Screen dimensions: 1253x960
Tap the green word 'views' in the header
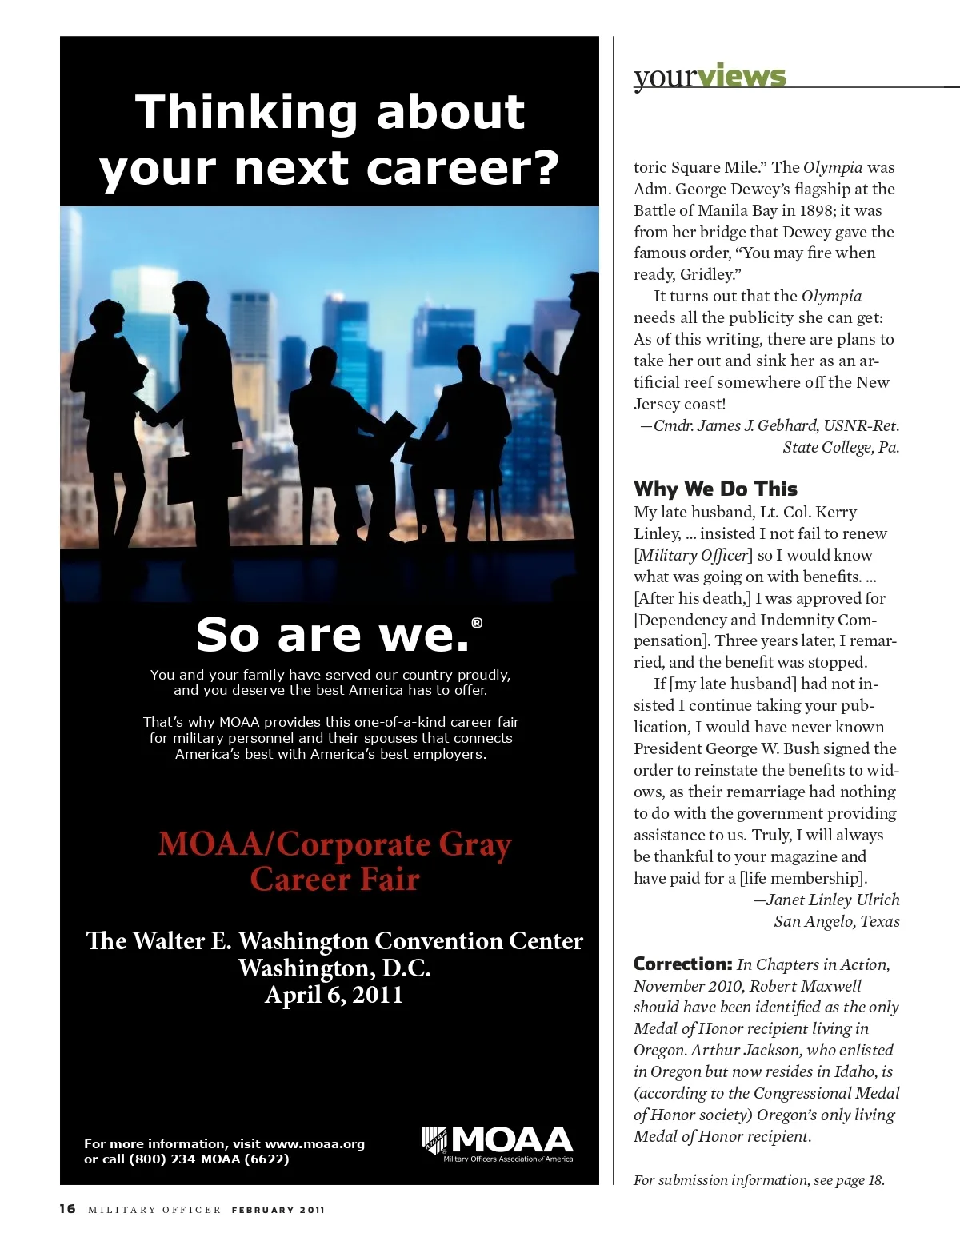point(742,77)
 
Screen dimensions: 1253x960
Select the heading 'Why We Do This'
point(715,489)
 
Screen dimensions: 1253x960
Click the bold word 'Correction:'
point(682,964)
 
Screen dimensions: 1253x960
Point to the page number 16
point(67,1208)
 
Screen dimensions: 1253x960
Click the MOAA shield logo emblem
point(434,1140)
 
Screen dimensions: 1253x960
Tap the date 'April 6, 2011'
point(334,995)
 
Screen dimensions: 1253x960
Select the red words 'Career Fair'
point(334,880)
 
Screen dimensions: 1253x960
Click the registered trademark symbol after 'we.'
point(477,623)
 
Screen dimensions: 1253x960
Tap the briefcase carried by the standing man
point(190,478)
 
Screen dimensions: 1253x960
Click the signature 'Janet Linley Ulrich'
point(832,900)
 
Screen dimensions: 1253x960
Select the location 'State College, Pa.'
point(841,447)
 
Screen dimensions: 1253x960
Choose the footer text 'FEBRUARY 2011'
point(278,1210)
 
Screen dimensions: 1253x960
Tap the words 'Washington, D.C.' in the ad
point(334,968)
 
